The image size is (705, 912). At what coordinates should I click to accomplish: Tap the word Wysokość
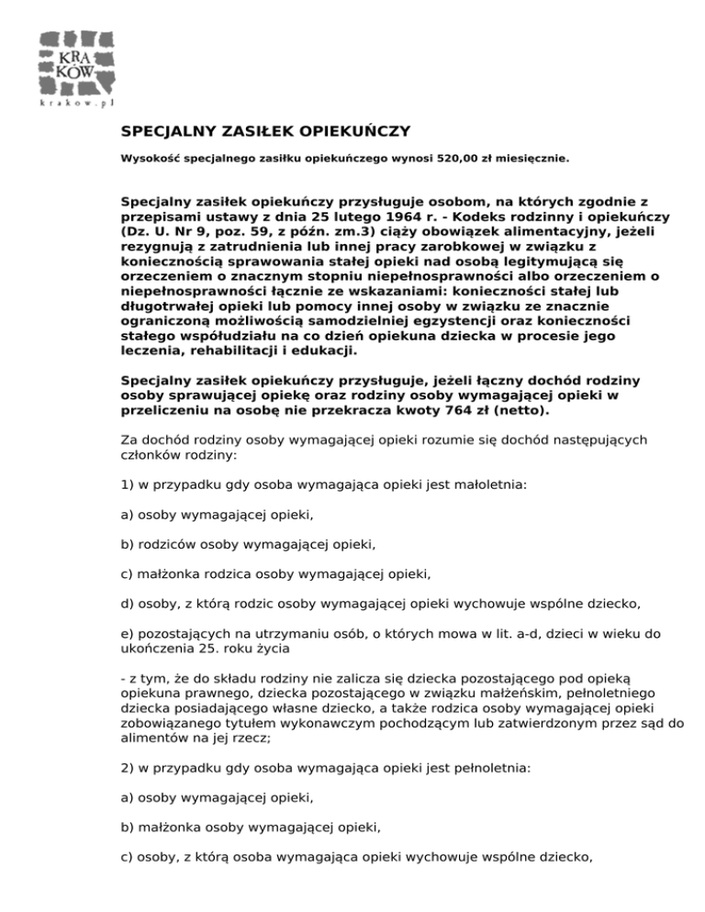151,158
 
